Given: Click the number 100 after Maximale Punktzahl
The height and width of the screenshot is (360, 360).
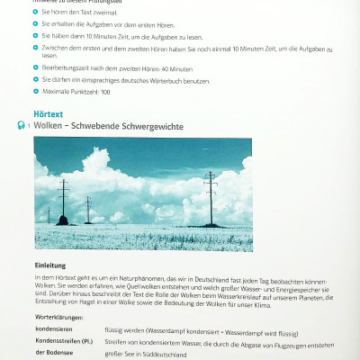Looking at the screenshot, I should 104,93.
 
